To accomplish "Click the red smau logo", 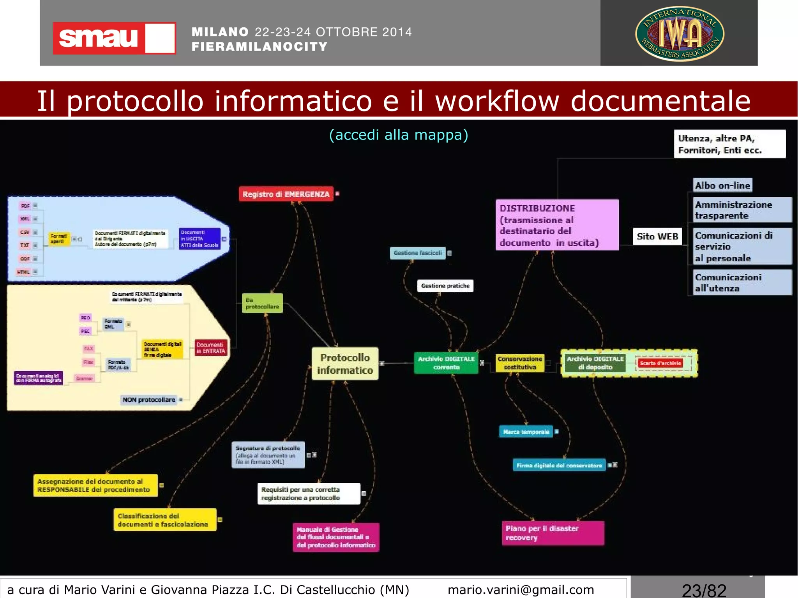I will (x=114, y=38).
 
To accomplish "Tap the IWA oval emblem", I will (x=680, y=34).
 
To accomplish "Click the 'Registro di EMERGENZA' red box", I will (x=286, y=194).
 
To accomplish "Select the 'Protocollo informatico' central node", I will (x=345, y=363).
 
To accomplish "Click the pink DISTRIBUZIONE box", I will (x=557, y=225).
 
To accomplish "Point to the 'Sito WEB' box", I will (x=657, y=236).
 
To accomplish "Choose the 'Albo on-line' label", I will (x=722, y=185).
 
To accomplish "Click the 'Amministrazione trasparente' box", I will (x=742, y=210).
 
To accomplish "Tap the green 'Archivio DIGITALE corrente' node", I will (x=446, y=363).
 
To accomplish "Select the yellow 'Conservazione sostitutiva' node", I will (x=519, y=363).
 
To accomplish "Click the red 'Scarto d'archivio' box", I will (x=660, y=363).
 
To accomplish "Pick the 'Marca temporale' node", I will (x=526, y=432).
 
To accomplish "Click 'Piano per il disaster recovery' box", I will (x=553, y=533).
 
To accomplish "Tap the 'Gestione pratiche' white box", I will (x=445, y=286).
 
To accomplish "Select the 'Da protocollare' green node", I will (x=262, y=303).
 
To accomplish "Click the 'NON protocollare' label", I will (x=149, y=400).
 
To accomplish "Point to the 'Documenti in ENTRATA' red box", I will (x=210, y=348).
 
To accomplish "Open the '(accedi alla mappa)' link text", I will (x=399, y=135).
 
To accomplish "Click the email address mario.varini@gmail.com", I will (x=521, y=589).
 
